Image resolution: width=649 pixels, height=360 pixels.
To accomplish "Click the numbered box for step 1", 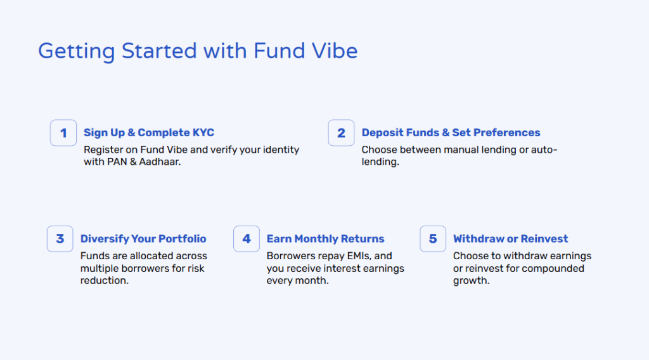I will (x=63, y=133).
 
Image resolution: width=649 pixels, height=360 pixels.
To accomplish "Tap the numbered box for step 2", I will (x=341, y=133).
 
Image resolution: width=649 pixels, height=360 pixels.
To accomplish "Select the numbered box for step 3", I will (x=60, y=239).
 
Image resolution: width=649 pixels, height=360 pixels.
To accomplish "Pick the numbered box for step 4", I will (x=247, y=239).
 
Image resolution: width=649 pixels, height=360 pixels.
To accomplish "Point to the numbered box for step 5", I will (x=433, y=239).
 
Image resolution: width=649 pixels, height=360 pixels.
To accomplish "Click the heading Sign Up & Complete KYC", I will (x=149, y=133).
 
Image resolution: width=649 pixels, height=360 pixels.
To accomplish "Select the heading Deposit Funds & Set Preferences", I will (x=451, y=133).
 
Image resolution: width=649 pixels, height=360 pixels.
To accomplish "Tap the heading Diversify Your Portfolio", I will (x=143, y=239).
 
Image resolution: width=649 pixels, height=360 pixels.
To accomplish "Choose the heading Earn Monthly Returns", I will (x=325, y=239).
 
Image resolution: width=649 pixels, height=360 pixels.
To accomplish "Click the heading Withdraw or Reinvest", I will (x=510, y=239).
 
